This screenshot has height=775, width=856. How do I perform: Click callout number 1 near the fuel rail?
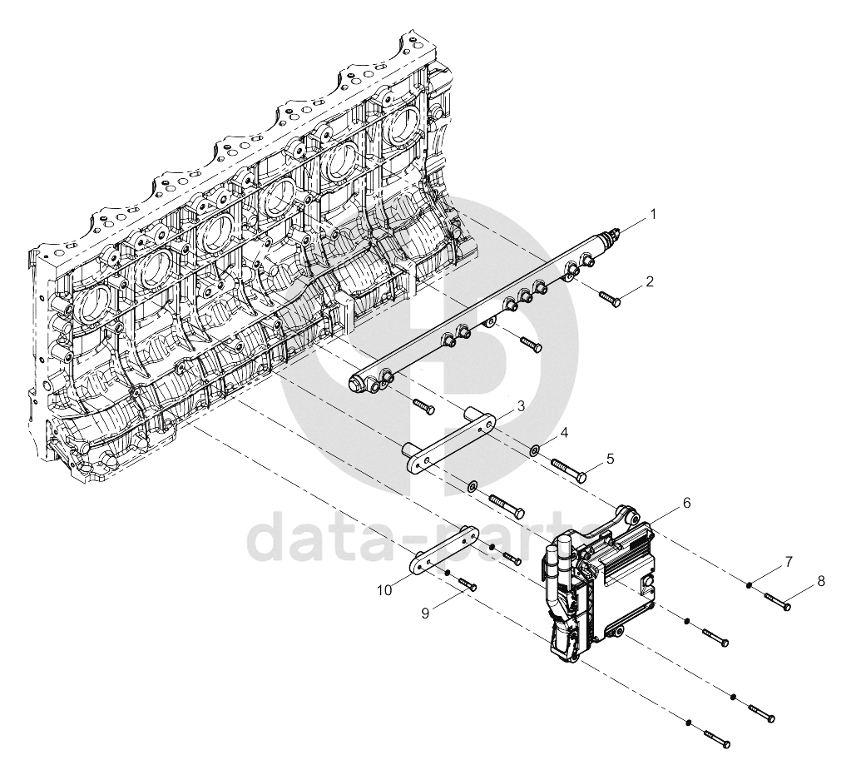click(652, 214)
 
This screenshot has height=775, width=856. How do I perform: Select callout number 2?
click(649, 282)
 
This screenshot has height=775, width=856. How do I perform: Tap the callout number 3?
click(521, 405)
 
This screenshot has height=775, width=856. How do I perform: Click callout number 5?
click(610, 459)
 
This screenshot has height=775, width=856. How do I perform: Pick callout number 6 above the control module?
click(687, 503)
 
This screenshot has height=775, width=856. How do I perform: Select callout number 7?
click(789, 561)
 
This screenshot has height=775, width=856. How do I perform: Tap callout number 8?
click(821, 582)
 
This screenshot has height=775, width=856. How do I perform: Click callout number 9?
click(425, 614)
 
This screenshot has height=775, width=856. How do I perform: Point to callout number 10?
click(384, 590)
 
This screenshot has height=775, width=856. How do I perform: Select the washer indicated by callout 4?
click(534, 450)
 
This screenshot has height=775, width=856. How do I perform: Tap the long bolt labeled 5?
click(569, 469)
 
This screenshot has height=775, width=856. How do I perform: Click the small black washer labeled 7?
click(750, 586)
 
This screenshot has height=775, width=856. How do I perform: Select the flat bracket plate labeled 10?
click(446, 551)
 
